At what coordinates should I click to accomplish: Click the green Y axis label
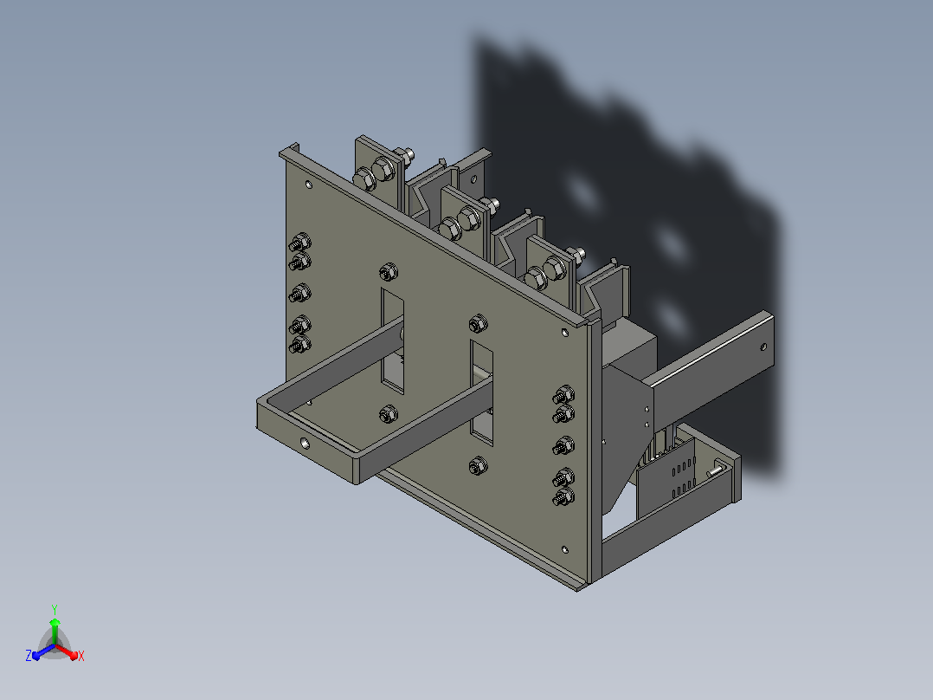pyautogui.click(x=55, y=610)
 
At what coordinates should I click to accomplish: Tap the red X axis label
pyautogui.click(x=81, y=656)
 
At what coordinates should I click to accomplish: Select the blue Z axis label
pyautogui.click(x=29, y=655)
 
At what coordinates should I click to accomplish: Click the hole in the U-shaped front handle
pyautogui.click(x=305, y=444)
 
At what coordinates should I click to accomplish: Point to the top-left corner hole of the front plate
pyautogui.click(x=308, y=185)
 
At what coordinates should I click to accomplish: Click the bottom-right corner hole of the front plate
pyautogui.click(x=564, y=549)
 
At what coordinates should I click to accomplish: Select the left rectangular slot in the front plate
pyautogui.click(x=392, y=340)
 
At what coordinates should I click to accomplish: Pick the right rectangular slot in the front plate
pyautogui.click(x=482, y=392)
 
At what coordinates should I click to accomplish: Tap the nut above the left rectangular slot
pyautogui.click(x=388, y=272)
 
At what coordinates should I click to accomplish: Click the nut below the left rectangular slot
pyautogui.click(x=388, y=414)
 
